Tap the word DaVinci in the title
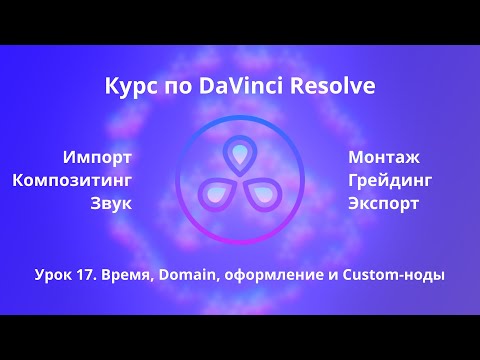[x=246, y=88]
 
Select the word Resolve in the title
[x=334, y=88]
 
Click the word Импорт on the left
[x=97, y=157]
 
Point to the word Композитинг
[x=72, y=180]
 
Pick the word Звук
[x=110, y=204]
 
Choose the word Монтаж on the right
[x=384, y=157]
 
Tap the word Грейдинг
[x=391, y=180]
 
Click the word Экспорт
[x=384, y=204]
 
